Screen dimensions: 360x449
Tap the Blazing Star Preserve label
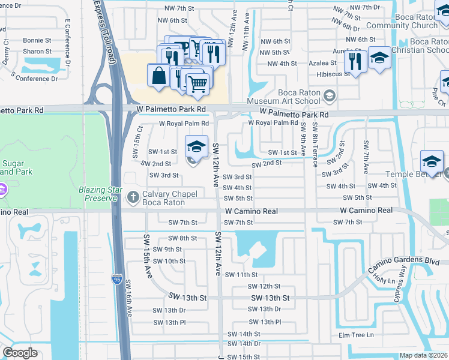100,194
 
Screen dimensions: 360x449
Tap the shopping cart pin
198,84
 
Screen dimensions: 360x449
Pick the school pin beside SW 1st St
196,146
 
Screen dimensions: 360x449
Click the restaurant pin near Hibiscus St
356,61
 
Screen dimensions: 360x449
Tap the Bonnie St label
37,40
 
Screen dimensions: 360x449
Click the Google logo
20,353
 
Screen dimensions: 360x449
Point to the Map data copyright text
424,355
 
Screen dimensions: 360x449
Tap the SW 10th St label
169,261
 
